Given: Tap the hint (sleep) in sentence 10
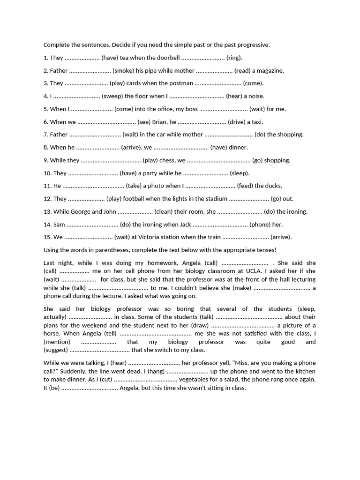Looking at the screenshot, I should coord(240,173).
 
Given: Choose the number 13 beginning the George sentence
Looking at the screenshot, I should coord(47,211).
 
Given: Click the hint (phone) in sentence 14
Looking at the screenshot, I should coord(259,225).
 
